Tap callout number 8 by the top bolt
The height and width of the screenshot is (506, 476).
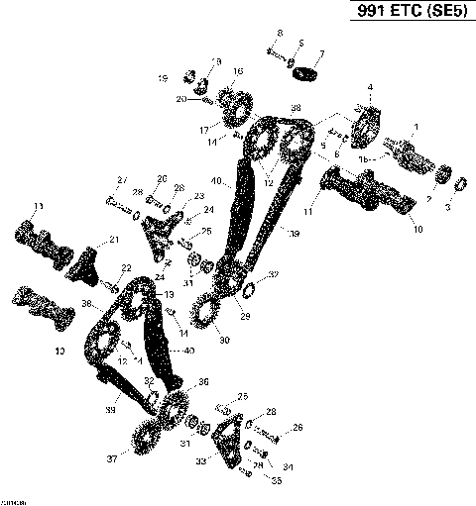pos(279,34)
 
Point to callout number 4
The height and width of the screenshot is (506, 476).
pos(370,89)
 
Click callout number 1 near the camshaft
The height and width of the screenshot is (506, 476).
pos(416,127)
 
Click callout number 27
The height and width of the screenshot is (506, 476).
pos(121,179)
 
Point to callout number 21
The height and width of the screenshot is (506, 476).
pos(114,240)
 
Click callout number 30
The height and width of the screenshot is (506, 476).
pos(224,342)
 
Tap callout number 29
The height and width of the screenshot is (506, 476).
pos(245,317)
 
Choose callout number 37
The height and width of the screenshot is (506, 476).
pos(111,459)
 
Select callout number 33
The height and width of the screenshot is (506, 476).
pos(202,460)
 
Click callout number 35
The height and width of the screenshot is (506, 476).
pos(277,480)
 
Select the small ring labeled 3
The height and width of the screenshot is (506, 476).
pos(459,183)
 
